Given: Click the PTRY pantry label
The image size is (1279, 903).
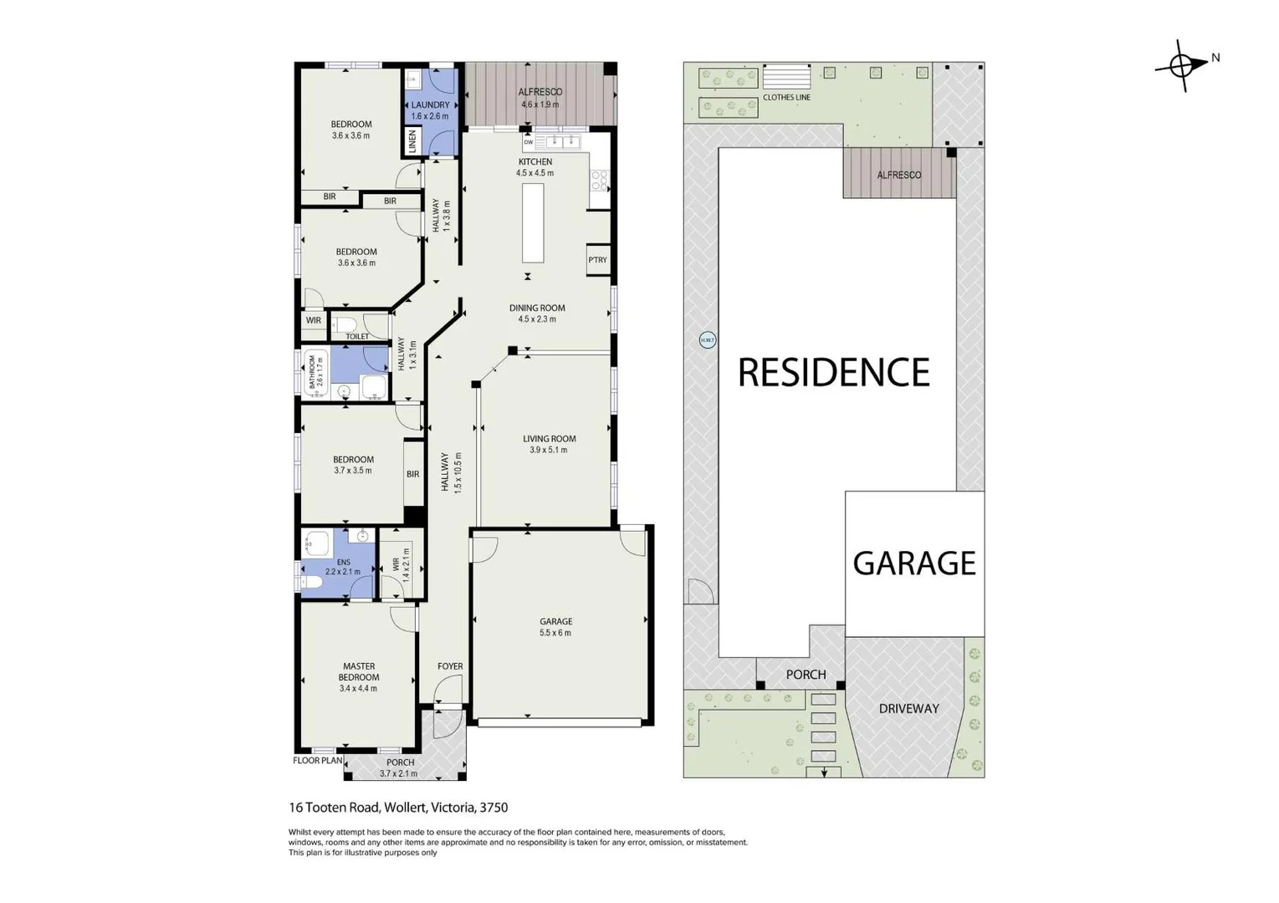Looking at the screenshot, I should (597, 260).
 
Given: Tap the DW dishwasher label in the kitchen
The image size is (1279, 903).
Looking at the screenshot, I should (529, 142).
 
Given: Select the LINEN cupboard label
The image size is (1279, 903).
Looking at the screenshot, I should (412, 140).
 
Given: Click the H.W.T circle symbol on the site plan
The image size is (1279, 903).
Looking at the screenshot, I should (708, 340).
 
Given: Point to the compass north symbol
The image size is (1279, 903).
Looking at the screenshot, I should (1183, 64).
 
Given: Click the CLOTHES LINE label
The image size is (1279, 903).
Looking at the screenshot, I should (786, 98).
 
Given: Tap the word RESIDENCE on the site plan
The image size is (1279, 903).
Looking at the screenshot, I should (833, 373).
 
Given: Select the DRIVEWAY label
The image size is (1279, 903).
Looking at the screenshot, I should (908, 708).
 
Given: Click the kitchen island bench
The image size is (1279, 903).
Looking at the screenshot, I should (533, 222).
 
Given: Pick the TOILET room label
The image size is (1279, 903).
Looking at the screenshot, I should (357, 336).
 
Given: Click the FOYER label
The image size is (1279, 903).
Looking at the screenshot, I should (450, 666).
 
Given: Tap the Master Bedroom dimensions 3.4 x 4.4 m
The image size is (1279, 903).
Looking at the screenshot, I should (358, 689).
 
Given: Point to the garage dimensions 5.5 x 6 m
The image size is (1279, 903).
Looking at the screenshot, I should (555, 633).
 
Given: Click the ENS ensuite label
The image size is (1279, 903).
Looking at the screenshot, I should (343, 562).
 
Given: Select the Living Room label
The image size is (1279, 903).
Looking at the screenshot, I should (549, 438).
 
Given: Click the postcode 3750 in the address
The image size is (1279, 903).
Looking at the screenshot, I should (494, 808).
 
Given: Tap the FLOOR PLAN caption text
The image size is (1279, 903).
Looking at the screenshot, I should (317, 761).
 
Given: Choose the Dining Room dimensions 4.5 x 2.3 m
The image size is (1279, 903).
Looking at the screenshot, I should (537, 319).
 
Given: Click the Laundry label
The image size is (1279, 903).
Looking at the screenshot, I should (430, 105).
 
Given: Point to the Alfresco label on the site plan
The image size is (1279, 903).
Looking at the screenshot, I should (898, 175).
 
